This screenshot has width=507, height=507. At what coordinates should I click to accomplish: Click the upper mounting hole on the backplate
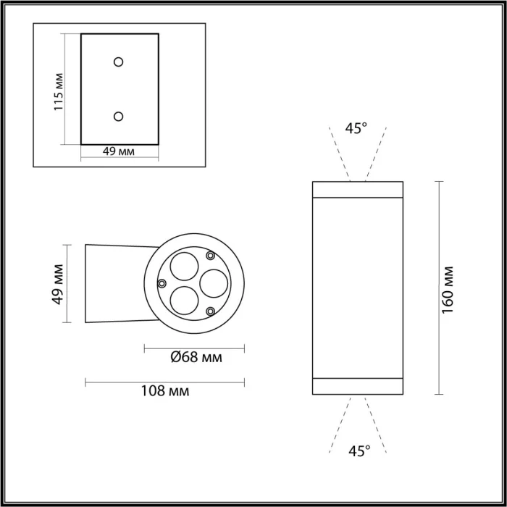(x=119, y=62)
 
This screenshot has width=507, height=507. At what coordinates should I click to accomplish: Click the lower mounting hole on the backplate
(x=119, y=115)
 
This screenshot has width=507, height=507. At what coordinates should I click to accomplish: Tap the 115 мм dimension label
(x=59, y=91)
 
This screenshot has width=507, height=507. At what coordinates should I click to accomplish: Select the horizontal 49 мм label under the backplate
(x=119, y=151)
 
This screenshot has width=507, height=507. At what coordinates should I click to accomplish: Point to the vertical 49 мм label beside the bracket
(x=59, y=283)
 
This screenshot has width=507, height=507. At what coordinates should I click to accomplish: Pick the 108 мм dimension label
(x=165, y=391)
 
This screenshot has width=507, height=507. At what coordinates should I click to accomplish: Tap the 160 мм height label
(x=448, y=288)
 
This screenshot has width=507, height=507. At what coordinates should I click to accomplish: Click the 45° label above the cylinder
(x=356, y=128)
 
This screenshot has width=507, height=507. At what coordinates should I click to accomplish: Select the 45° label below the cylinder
(x=358, y=451)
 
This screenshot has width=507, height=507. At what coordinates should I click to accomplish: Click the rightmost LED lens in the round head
(x=214, y=282)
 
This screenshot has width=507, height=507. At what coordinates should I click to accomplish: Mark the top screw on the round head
(x=210, y=255)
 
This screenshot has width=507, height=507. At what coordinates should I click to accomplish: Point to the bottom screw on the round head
(x=210, y=311)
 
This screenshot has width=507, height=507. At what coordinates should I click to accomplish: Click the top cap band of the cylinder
(x=357, y=189)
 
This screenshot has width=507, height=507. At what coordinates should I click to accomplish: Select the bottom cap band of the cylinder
(x=357, y=387)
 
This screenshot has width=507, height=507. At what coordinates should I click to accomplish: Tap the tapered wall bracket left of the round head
(x=116, y=283)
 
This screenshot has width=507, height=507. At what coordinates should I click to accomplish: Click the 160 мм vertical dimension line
(x=439, y=288)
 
